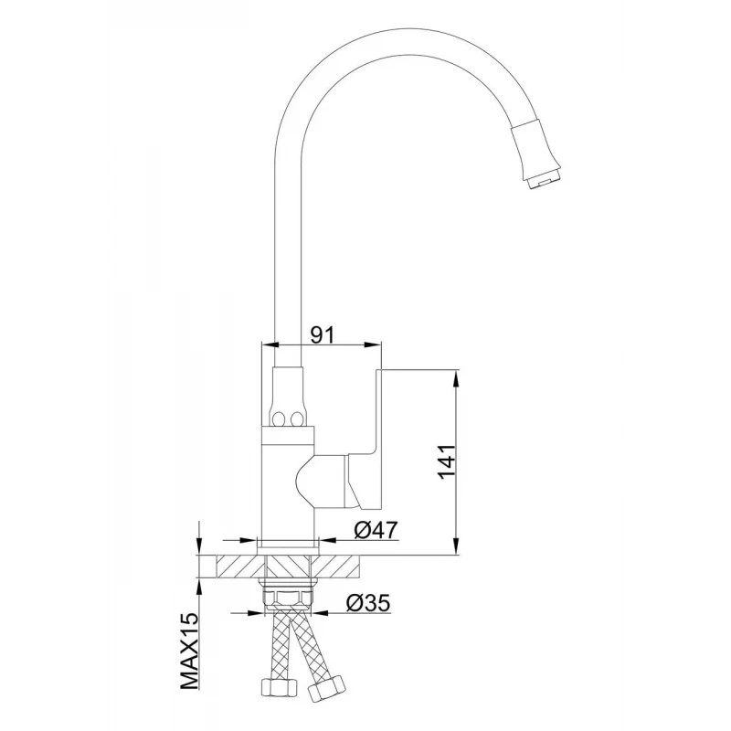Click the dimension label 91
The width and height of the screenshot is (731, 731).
[x=323, y=334]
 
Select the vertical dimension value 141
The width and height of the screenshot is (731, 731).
[x=447, y=461]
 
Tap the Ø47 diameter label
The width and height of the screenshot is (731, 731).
[x=376, y=530]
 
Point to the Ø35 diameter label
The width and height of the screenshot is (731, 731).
[x=368, y=603]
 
